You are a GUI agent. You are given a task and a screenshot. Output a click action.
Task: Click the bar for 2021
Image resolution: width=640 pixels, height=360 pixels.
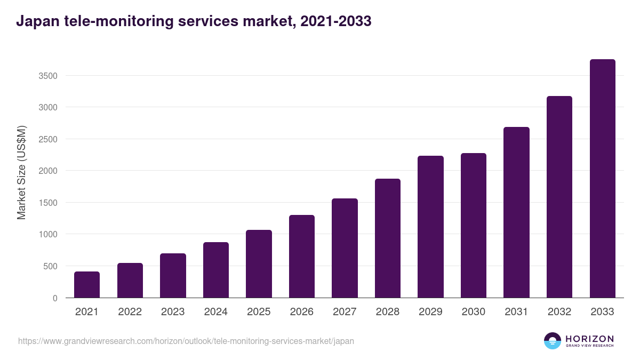coord(87,285)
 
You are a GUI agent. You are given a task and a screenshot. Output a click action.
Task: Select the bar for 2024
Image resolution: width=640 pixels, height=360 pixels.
coord(215,270)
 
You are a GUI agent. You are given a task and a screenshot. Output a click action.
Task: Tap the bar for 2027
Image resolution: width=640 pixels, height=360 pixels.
coord(345,248)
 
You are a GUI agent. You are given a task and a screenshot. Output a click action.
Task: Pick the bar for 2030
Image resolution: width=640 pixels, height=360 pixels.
coord(474,225)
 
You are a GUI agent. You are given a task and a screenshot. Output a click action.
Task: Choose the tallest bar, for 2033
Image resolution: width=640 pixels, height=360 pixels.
coord(602,179)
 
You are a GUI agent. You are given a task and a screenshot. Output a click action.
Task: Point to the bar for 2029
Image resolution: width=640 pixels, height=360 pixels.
coord(430,227)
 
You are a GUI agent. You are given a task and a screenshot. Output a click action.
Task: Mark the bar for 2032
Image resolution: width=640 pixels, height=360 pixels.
coord(559,197)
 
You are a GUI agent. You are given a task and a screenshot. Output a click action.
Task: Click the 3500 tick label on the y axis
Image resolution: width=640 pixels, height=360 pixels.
coord(48,76)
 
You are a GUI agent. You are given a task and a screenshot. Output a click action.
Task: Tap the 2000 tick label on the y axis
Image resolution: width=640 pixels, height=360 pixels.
coord(48,171)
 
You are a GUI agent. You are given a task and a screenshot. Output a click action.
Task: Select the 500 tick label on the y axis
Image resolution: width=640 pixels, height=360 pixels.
coord(50,266)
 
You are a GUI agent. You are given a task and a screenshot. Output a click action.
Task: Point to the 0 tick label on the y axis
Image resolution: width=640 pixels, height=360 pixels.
coord(55,298)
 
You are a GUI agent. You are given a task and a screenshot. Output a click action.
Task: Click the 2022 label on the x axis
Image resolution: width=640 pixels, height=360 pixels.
coord(130,312)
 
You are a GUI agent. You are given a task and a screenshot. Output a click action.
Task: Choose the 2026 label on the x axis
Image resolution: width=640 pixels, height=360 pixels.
coord(301,312)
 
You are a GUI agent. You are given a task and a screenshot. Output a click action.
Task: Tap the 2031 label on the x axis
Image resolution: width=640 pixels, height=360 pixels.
coord(516,312)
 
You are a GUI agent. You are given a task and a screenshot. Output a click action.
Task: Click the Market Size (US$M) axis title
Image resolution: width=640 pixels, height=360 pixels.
coord(22,172)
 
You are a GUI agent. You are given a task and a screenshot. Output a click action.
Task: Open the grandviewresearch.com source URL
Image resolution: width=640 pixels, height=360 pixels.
coord(186,341)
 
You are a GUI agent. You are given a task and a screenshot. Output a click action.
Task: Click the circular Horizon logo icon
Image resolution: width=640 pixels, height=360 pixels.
coord(553,341)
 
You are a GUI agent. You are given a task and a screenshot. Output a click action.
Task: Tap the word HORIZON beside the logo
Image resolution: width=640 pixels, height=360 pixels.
coord(589,338)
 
